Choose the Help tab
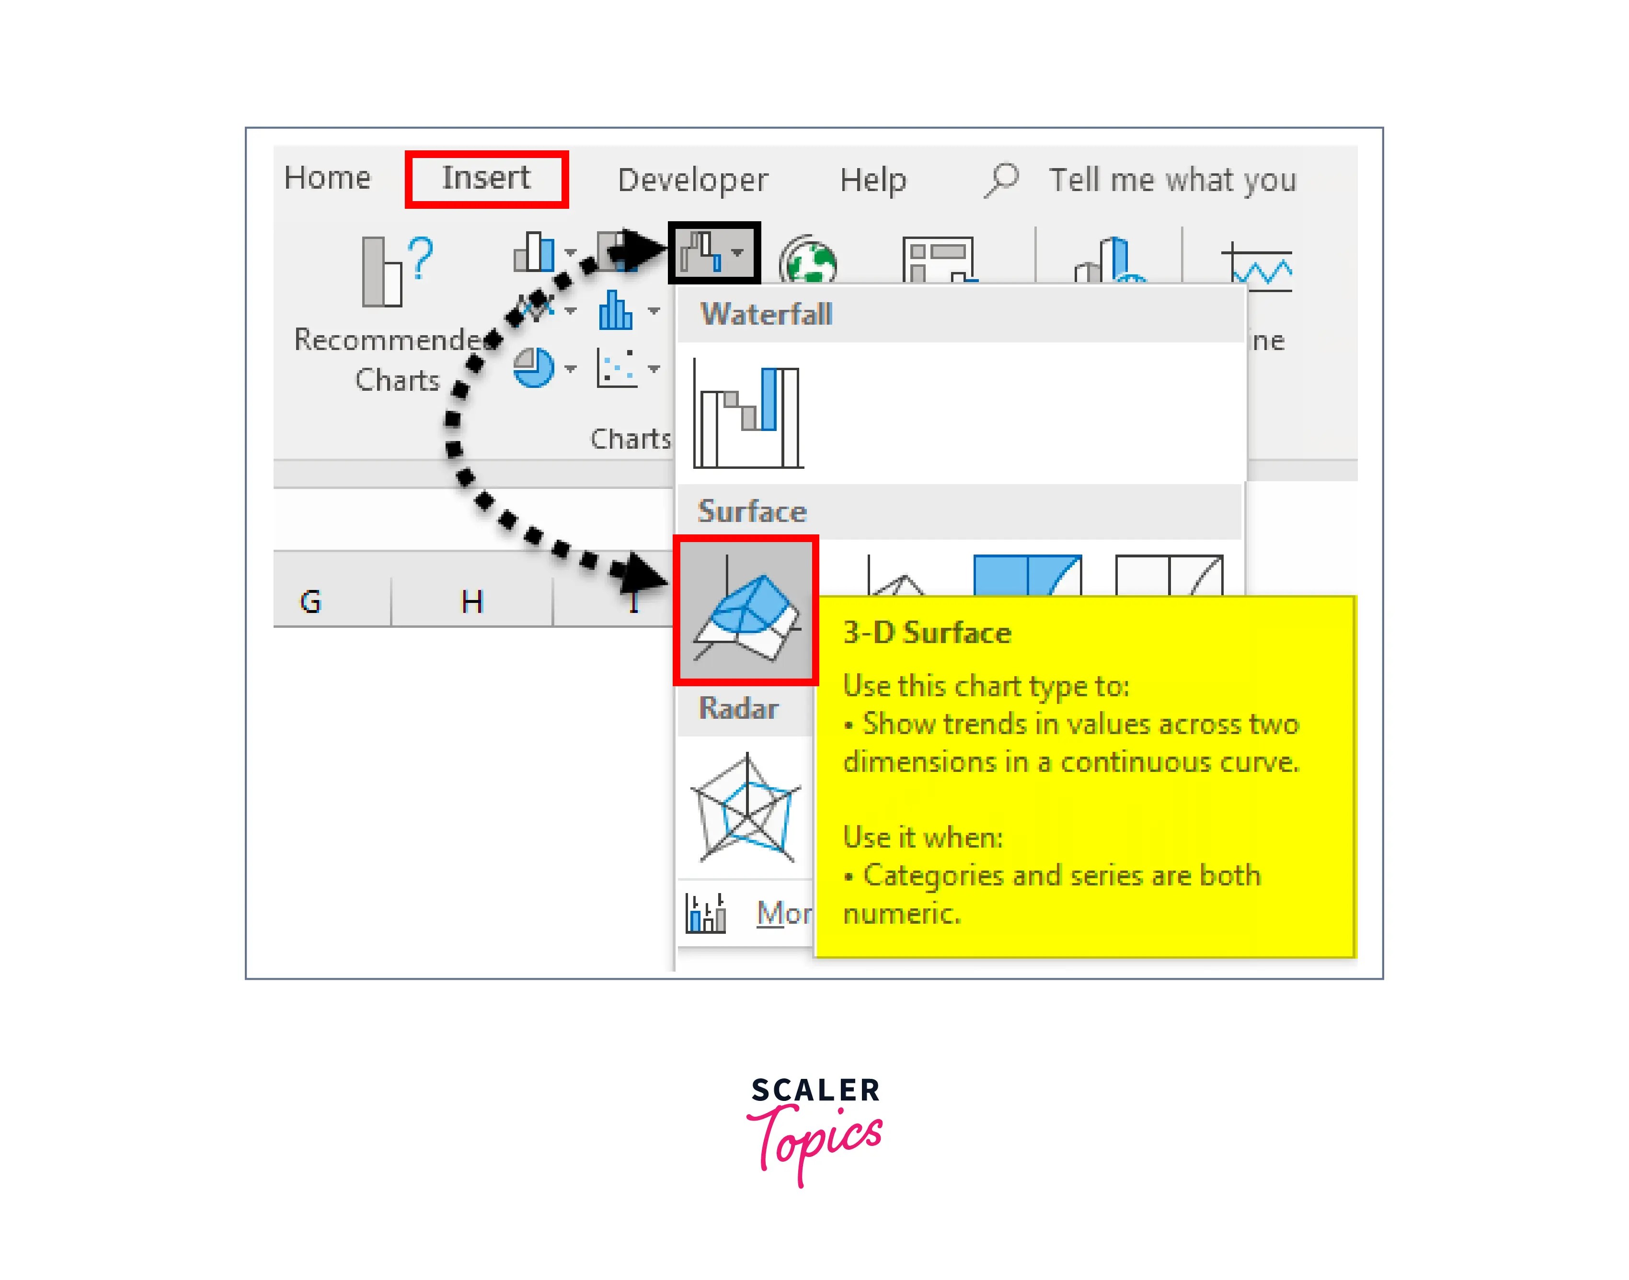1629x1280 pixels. [x=872, y=181]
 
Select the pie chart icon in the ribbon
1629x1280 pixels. [x=533, y=367]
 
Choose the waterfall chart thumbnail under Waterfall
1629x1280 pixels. [x=747, y=416]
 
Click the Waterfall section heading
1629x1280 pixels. [x=766, y=314]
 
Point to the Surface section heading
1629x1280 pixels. [x=752, y=511]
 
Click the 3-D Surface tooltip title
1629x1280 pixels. [x=927, y=633]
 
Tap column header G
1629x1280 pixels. [x=310, y=601]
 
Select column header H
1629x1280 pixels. [x=471, y=601]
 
